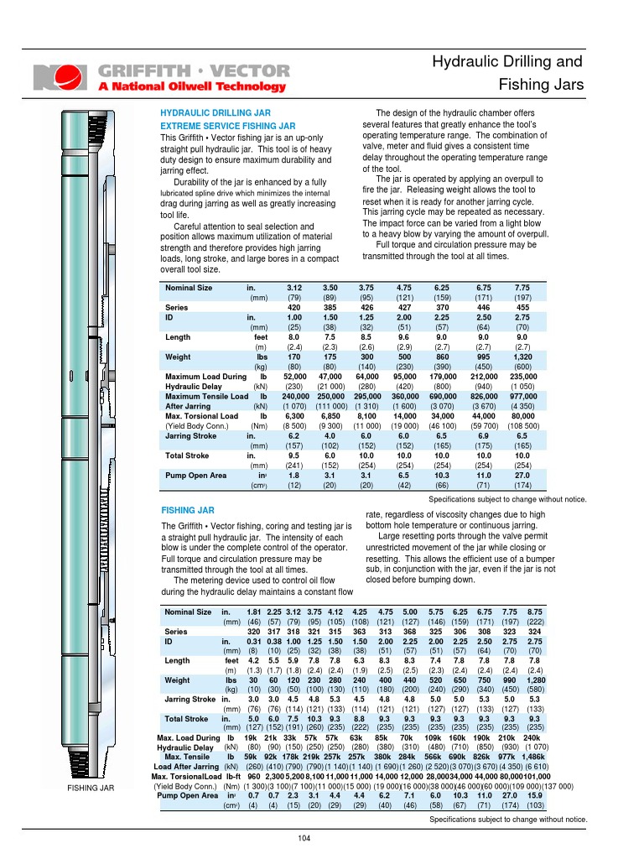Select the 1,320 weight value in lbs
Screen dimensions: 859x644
pos(522,357)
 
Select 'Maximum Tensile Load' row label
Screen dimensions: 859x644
pos(206,396)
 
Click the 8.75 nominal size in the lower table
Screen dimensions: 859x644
pos(535,612)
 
